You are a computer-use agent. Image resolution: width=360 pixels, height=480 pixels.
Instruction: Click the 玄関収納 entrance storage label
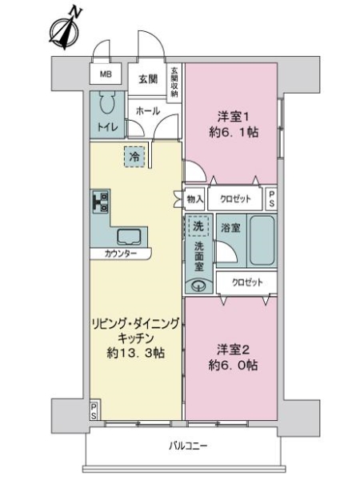174,82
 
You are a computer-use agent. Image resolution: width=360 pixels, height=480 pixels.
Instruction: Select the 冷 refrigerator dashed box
135,157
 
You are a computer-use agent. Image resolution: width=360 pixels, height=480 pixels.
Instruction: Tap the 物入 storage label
194,199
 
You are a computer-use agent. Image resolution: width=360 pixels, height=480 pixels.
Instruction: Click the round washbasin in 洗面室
198,284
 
